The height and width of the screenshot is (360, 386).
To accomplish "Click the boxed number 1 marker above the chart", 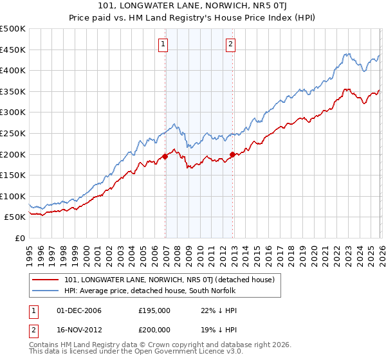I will click(x=163, y=44).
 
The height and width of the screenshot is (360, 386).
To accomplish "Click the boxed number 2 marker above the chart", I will click(x=230, y=44).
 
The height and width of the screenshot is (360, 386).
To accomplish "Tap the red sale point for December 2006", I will click(x=165, y=156).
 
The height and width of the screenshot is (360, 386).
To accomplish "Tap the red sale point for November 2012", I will click(x=233, y=154).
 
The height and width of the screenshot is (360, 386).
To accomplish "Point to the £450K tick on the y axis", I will click(x=14, y=50).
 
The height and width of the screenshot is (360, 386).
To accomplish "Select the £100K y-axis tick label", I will click(x=14, y=196).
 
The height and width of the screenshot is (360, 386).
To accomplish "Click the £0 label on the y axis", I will click(x=21, y=238).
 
